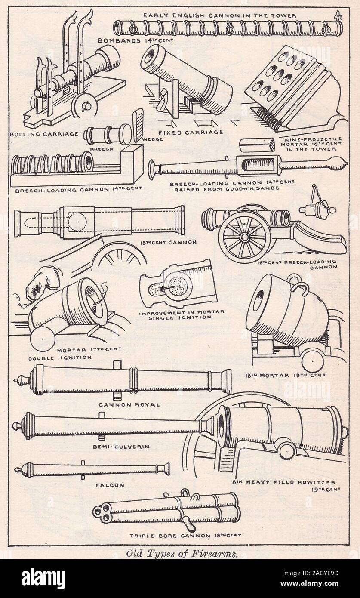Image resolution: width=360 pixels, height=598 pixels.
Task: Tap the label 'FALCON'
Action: [x=110, y=485]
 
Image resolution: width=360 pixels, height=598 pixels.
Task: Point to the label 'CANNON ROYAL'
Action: [x=129, y=405]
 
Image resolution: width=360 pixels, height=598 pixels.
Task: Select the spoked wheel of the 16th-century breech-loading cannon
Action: [x=244, y=236]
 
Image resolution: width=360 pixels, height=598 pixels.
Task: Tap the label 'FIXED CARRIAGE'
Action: [x=191, y=132]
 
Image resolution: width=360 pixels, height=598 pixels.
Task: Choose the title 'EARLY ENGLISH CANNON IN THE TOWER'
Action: [x=220, y=16]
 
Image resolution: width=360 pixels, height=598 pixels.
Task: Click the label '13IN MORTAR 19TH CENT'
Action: [x=285, y=375]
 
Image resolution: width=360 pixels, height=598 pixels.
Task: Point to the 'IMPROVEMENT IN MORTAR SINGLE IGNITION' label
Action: [x=182, y=315]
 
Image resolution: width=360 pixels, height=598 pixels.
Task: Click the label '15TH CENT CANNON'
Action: [x=169, y=242]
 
